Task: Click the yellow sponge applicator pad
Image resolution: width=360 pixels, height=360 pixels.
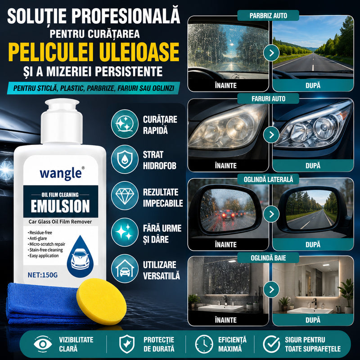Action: pos(101,301)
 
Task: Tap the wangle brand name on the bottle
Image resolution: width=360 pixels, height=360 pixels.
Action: pos(61,174)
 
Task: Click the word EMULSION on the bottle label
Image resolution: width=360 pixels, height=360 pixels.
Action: pos(60,206)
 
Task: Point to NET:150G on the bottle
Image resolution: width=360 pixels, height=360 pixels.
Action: pos(42,275)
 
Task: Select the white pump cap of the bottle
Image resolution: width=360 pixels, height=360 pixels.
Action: pos(62,121)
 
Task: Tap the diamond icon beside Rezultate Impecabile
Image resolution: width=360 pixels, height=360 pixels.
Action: pos(125,196)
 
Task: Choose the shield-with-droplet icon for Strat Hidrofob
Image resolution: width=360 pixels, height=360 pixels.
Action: pos(125,159)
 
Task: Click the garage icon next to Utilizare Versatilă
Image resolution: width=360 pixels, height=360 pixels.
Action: pos(125,268)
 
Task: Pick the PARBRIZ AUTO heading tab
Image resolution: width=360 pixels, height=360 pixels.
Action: pos(268,16)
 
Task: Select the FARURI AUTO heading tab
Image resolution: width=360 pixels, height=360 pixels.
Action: pos(268,99)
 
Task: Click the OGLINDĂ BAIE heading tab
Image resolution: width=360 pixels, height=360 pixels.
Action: pos(268,258)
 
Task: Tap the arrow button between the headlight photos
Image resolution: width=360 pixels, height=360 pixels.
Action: pos(271,135)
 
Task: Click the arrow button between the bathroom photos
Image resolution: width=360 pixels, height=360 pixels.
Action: pos(271,289)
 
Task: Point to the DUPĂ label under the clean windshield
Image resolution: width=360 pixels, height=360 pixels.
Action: pos(313,85)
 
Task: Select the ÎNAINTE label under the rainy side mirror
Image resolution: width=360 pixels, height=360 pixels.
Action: pos(226,245)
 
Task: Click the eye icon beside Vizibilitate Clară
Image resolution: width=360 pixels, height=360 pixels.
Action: pos(43,344)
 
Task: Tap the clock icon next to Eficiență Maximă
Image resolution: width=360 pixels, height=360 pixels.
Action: pos(204,344)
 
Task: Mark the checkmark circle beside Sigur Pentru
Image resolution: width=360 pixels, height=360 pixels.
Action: pos(271,344)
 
